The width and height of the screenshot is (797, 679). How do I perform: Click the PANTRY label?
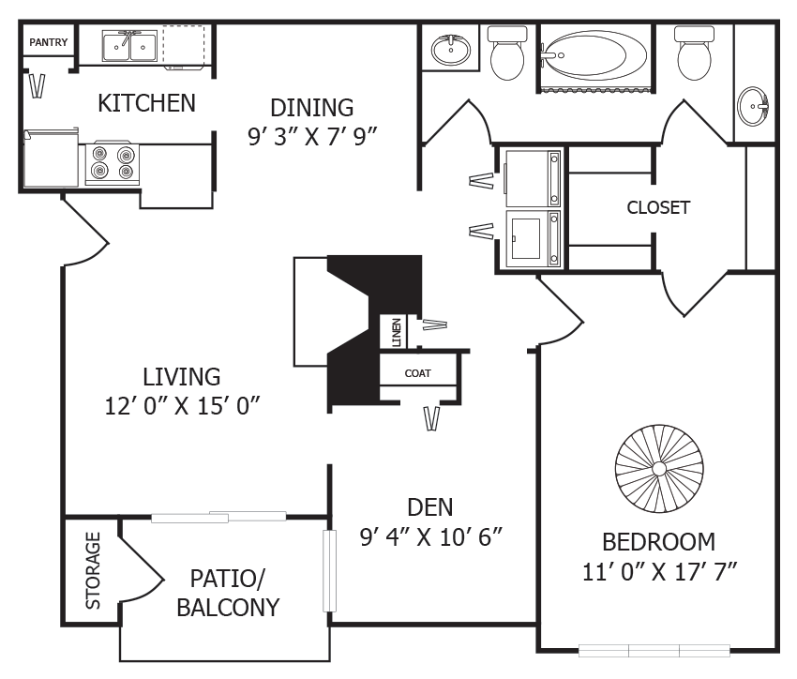tap(48, 42)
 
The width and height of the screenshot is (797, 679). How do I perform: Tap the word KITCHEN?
tap(147, 102)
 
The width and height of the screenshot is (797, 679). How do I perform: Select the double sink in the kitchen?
tap(130, 45)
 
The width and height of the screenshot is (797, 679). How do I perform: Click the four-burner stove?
tap(112, 163)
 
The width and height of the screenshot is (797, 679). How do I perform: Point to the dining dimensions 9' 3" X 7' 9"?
tap(312, 137)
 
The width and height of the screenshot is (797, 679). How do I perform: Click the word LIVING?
tap(182, 377)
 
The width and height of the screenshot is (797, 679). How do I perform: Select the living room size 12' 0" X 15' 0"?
tap(182, 406)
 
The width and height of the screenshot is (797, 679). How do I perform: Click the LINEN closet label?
tap(397, 332)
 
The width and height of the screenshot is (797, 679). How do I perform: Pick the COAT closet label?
tap(417, 373)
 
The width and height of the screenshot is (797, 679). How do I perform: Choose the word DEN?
tap(430, 507)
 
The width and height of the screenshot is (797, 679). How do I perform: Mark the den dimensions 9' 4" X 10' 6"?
tap(432, 537)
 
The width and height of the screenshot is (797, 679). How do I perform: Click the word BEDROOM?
tap(658, 541)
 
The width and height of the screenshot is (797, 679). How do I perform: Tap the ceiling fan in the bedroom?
tap(658, 467)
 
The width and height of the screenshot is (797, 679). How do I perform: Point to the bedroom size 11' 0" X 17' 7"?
tap(658, 571)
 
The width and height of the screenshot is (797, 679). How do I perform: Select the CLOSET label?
tap(658, 207)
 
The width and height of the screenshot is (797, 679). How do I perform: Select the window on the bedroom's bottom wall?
tap(654, 649)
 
